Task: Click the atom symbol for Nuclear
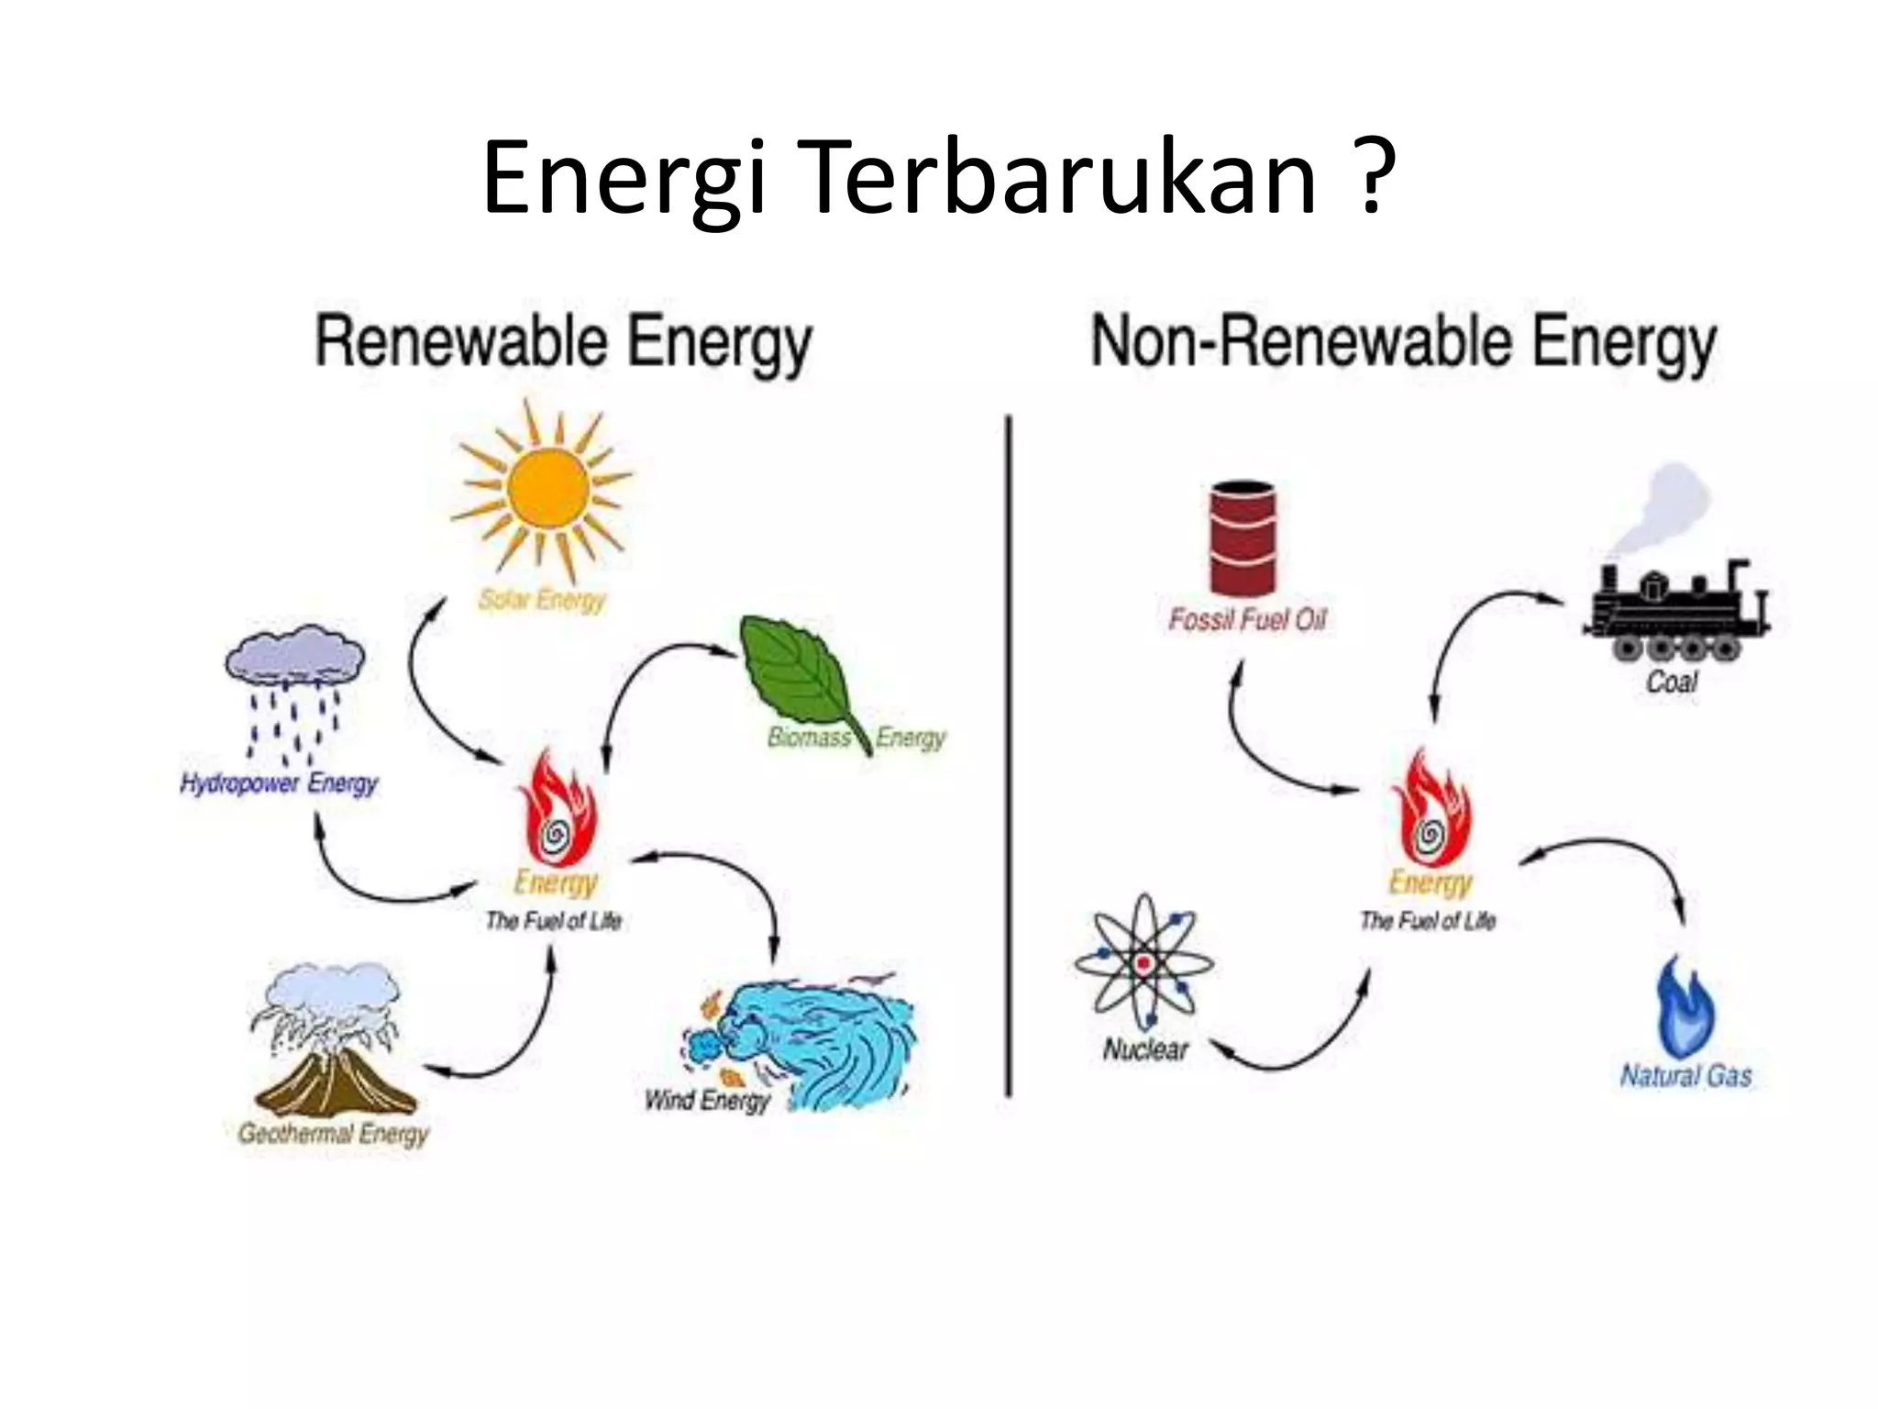point(1143,963)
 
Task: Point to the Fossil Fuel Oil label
point(1247,620)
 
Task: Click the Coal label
point(1672,682)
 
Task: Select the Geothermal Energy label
point(334,1133)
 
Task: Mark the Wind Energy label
point(707,1099)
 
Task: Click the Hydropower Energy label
point(279,783)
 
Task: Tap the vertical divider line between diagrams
point(1009,752)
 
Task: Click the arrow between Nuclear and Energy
point(1293,1046)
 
